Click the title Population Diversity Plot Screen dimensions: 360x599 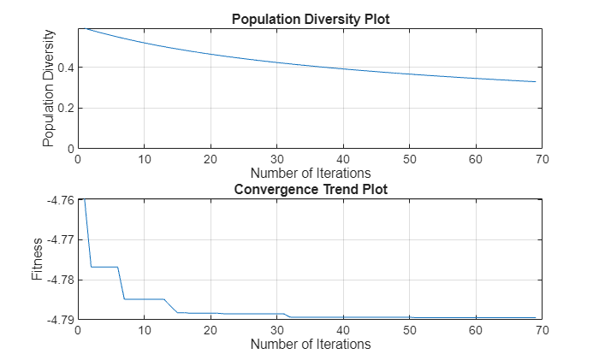click(311, 18)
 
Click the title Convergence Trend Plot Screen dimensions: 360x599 click(311, 189)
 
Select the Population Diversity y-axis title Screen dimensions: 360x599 click(49, 87)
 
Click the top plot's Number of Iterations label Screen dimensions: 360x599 click(311, 173)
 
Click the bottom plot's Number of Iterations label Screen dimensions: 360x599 click(311, 344)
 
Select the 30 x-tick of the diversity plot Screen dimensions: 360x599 click(276, 159)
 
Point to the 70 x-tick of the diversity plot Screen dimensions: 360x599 click(542, 159)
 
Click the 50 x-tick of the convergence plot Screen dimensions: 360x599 click(409, 330)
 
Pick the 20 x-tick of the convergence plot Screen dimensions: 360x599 click(211, 330)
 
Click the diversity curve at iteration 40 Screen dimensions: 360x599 click(343, 69)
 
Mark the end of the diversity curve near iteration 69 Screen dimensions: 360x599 click(535, 82)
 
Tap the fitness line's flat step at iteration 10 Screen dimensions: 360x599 click(144, 299)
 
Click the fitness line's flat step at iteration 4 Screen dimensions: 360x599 click(104, 267)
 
